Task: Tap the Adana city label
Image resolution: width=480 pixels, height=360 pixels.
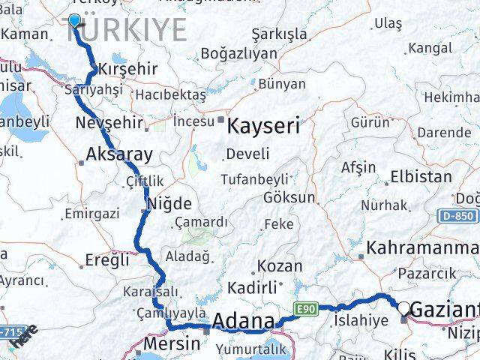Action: (x=244, y=322)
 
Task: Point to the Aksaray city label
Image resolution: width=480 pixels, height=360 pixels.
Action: (x=120, y=155)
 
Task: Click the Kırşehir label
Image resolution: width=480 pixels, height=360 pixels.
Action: (x=127, y=69)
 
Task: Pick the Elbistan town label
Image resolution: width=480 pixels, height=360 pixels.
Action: (x=421, y=178)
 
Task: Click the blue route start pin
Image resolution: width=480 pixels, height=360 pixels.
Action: (x=74, y=20)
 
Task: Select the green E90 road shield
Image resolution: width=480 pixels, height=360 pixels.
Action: (x=302, y=307)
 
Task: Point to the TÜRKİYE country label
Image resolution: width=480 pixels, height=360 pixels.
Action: (x=127, y=30)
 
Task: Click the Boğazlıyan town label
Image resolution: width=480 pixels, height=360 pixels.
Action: (x=238, y=54)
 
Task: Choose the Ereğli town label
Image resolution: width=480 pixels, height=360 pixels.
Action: (x=106, y=260)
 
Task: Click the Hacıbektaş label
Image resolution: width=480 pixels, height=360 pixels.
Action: (x=169, y=95)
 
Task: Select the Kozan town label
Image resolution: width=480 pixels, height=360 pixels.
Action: (x=280, y=266)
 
